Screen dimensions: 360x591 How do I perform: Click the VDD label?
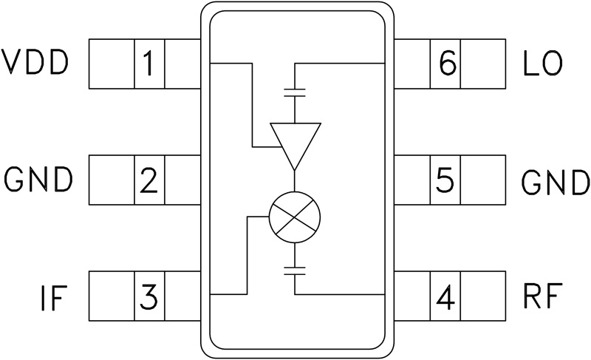[35, 64]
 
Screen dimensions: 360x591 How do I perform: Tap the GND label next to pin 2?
[38, 180]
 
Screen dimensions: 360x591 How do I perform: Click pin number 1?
[148, 64]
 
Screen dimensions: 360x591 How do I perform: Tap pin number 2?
[148, 180]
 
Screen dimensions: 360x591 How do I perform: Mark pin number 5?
[444, 180]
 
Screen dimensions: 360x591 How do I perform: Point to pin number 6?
[445, 64]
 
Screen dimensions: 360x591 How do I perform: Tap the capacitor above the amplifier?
[295, 94]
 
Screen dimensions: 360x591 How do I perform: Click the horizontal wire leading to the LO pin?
[340, 64]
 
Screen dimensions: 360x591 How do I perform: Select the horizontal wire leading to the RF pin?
[340, 293]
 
